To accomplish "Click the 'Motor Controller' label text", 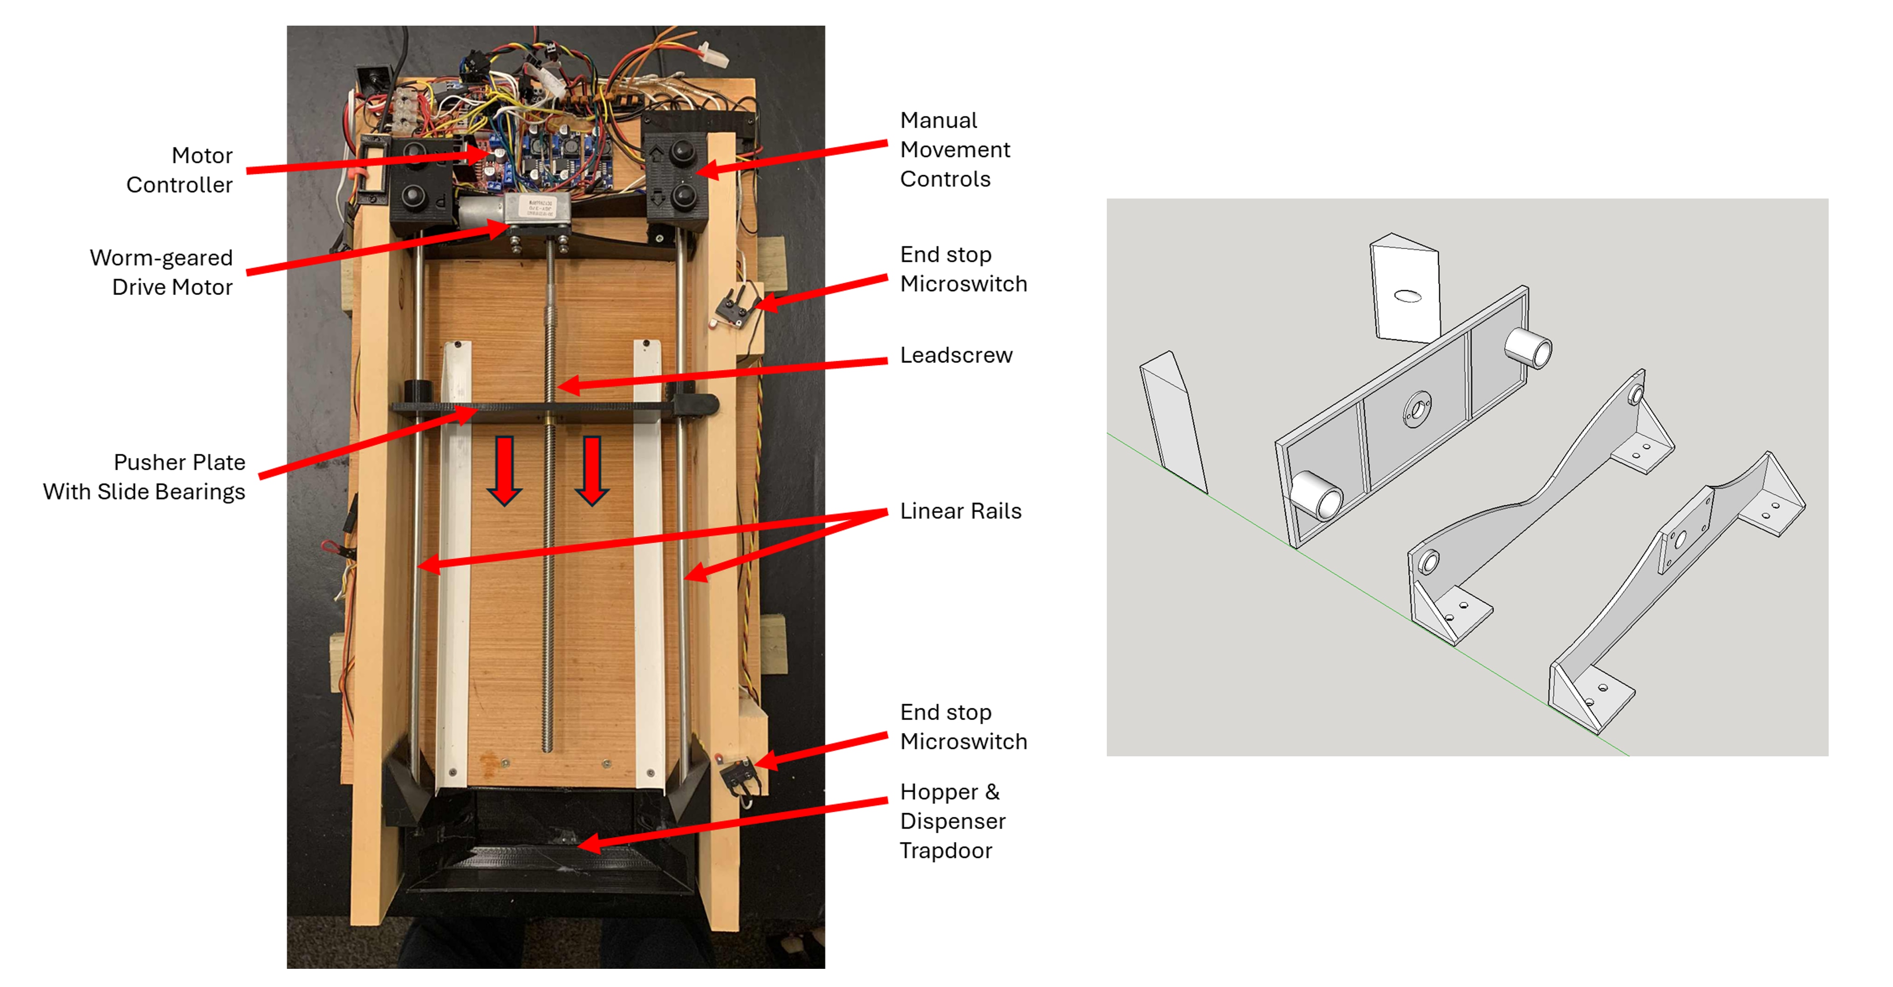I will (179, 170).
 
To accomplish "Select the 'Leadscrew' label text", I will (956, 355).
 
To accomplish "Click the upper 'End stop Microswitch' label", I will (963, 269).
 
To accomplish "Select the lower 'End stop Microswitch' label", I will (963, 727).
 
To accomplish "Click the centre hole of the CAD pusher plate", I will (1417, 409).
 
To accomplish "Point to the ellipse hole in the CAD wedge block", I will (1407, 296).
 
